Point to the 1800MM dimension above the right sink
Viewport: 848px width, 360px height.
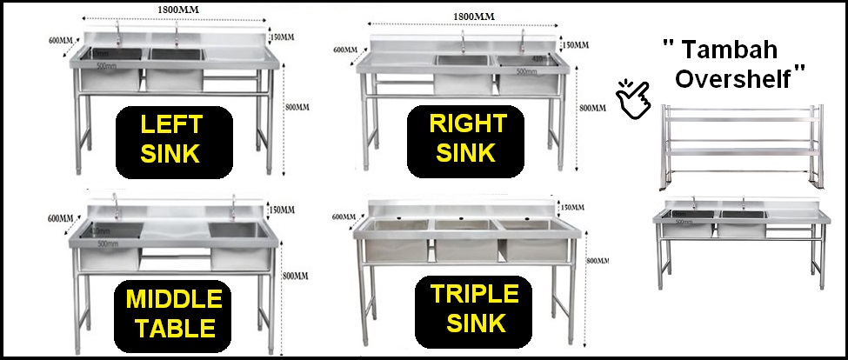coord(473,16)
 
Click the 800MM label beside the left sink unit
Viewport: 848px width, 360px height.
coord(297,108)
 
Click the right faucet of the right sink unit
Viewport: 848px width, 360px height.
coord(524,40)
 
